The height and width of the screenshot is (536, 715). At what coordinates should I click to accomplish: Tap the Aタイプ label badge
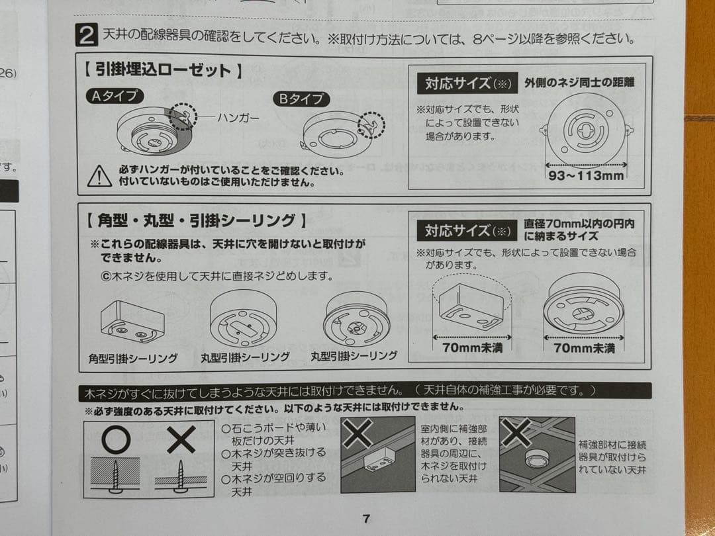(x=115, y=96)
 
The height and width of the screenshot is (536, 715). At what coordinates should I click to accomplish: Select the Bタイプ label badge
(x=301, y=99)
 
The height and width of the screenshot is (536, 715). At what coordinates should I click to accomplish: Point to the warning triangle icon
(x=99, y=175)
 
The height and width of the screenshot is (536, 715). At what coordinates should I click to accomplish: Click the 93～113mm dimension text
(x=586, y=175)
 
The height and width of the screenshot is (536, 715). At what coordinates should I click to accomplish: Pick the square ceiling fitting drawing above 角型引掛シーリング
(x=132, y=322)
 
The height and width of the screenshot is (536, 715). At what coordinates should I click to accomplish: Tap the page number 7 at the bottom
(x=366, y=518)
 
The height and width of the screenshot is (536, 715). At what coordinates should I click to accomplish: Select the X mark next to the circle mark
(x=180, y=439)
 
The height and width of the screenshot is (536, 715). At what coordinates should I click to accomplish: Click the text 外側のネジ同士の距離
(x=579, y=83)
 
